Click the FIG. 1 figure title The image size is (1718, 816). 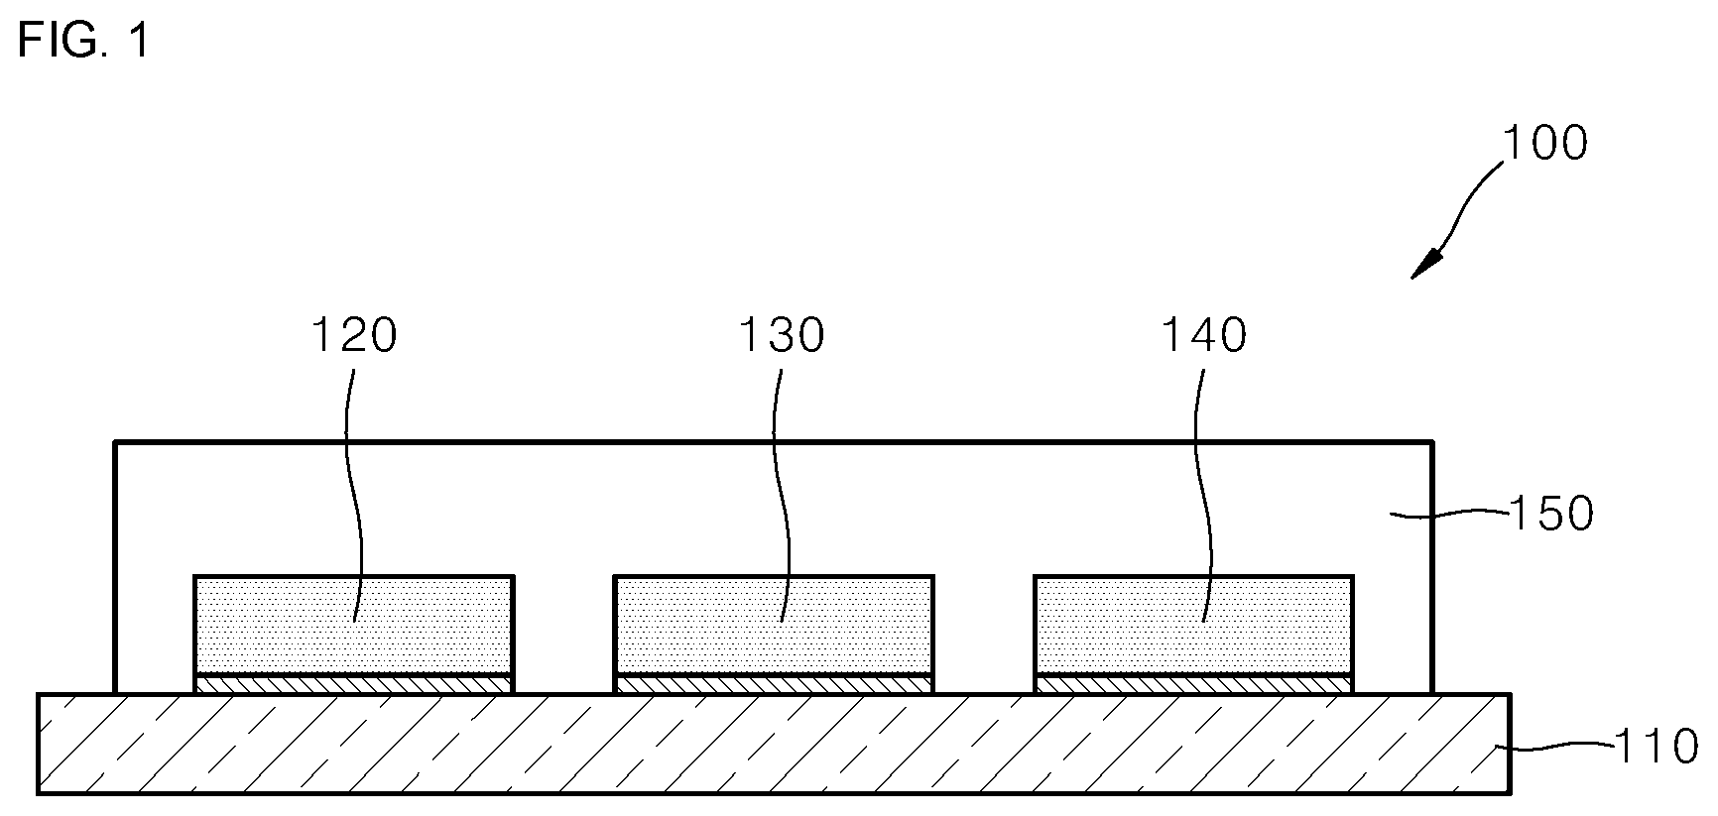(83, 42)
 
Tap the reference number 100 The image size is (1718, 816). (1545, 144)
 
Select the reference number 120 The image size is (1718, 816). (354, 336)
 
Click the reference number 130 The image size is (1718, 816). (781, 336)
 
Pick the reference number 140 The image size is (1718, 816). (1204, 336)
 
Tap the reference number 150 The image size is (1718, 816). (1550, 514)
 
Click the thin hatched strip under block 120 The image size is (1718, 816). (354, 684)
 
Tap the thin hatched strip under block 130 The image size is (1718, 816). (774, 684)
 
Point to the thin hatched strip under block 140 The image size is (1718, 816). (1193, 684)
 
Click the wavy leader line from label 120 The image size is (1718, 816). (352, 476)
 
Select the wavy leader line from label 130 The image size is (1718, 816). (784, 476)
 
